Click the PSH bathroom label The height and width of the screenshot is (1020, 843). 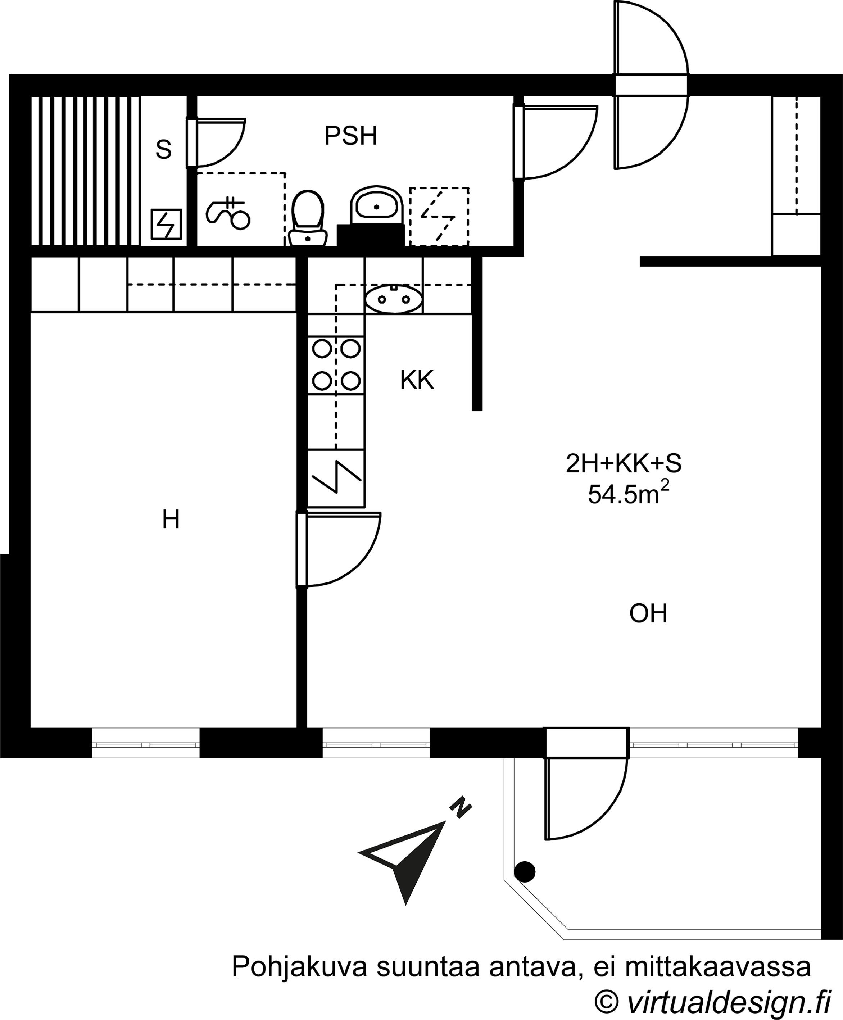coord(350,136)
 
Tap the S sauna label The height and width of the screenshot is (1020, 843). coord(164,150)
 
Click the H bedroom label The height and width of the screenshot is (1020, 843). coord(171,520)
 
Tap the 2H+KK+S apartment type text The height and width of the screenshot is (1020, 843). coord(624,464)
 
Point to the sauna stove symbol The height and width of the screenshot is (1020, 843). coord(166,224)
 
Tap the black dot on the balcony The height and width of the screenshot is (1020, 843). coord(525,871)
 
